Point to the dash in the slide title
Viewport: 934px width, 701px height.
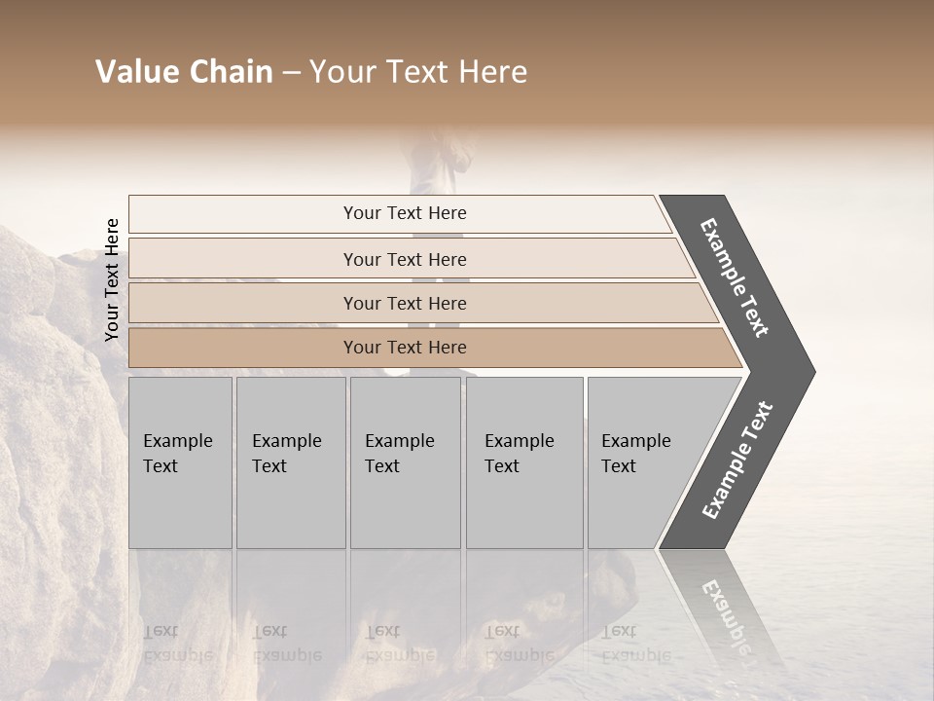tap(291, 73)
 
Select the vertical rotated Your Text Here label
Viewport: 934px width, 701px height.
tap(112, 280)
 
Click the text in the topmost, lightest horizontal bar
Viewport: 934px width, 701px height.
tap(405, 213)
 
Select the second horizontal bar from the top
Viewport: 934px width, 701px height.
tap(405, 259)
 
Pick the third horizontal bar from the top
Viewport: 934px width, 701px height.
tap(405, 304)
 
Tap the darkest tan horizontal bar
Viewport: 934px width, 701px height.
tap(405, 348)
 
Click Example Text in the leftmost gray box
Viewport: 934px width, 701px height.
tap(177, 454)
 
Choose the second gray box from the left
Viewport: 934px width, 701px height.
tap(290, 462)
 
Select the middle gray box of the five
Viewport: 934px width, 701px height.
tap(405, 462)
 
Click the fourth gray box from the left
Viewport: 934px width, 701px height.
tap(523, 462)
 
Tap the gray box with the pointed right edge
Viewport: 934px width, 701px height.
tap(642, 462)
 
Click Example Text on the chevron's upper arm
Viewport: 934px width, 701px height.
tap(735, 277)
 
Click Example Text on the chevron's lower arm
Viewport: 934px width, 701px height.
tap(737, 461)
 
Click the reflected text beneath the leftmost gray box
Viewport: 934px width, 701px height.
tap(177, 643)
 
